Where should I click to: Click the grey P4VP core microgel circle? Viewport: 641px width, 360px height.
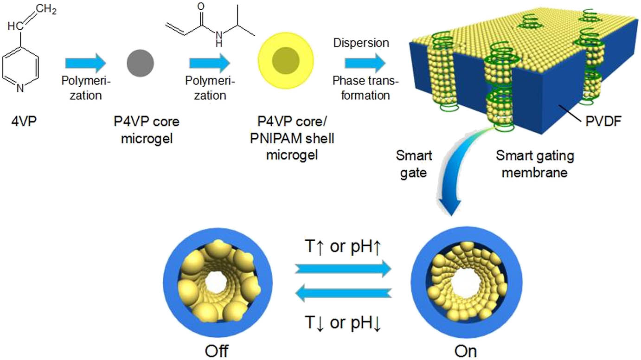pyautogui.click(x=141, y=63)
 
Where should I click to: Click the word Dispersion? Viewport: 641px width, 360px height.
pyautogui.click(x=361, y=43)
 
